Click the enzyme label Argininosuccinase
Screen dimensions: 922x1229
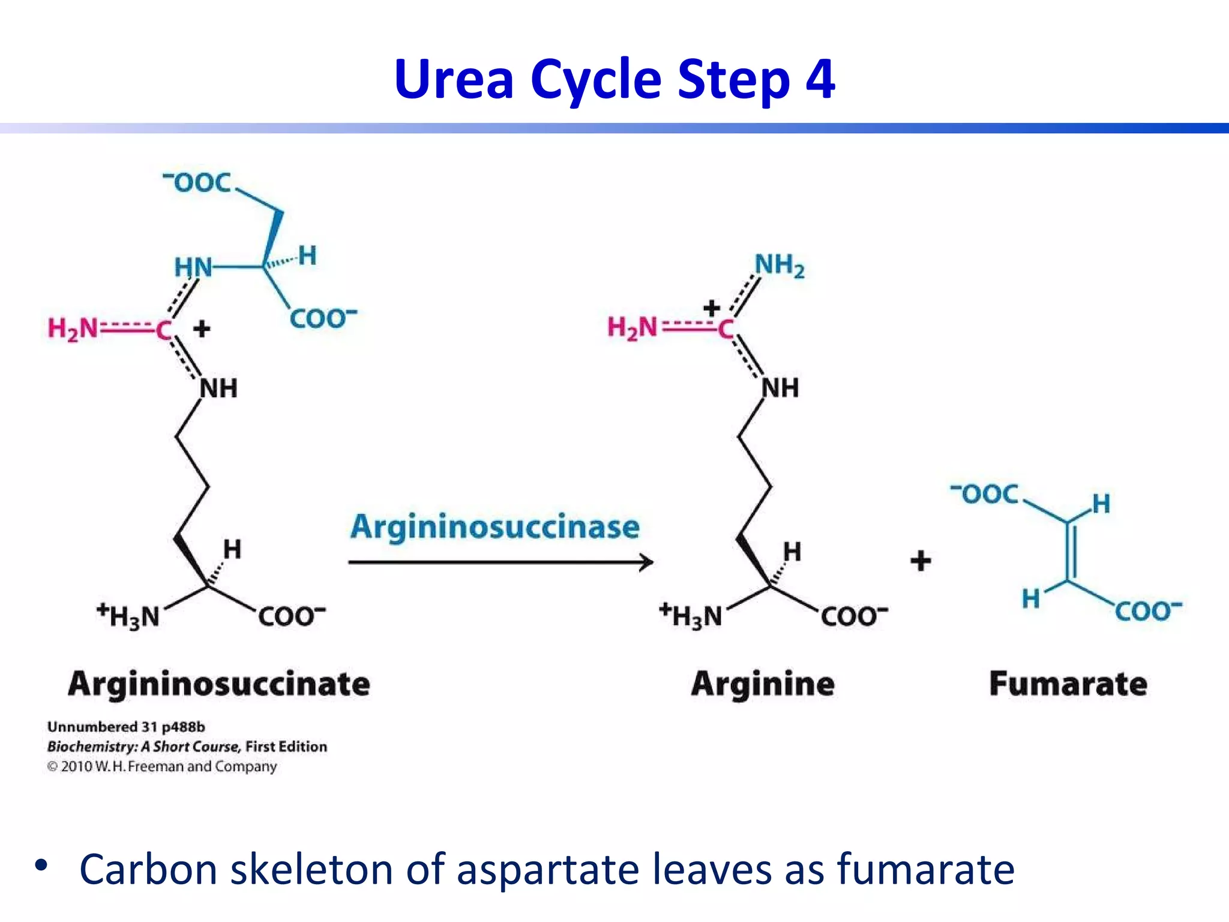point(495,527)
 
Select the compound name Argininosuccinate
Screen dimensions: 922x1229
point(219,684)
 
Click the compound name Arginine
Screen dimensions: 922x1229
point(762,684)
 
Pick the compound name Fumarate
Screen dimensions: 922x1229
point(1068,684)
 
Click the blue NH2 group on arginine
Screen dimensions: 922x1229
point(779,265)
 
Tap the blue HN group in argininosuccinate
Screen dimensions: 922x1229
point(193,268)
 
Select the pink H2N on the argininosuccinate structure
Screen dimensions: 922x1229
point(73,329)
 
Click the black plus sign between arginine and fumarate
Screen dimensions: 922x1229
point(921,561)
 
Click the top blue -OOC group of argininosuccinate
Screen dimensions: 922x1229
point(198,182)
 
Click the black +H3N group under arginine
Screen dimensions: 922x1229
point(691,616)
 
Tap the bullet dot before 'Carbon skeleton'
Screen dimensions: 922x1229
point(41,865)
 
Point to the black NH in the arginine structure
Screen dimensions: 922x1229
point(780,388)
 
